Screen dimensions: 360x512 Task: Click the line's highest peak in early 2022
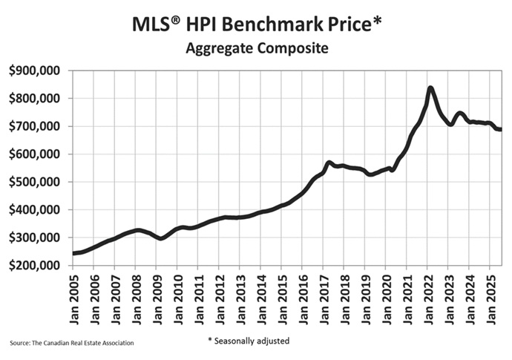point(430,88)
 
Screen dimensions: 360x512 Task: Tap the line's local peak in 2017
point(329,163)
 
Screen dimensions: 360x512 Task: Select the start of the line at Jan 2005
point(73,253)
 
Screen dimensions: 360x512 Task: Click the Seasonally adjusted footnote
point(248,341)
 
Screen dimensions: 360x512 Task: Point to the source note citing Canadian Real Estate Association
point(72,343)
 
